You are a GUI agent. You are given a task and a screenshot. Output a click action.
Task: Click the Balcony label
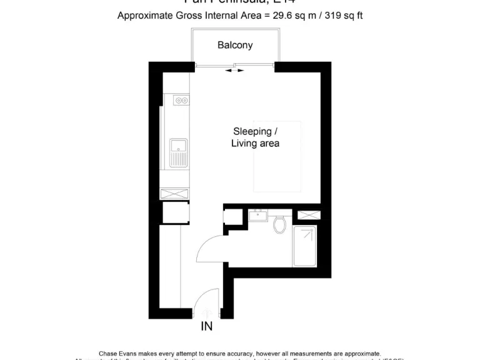pyautogui.click(x=235, y=45)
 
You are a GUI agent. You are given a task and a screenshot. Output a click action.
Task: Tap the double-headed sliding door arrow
pyautogui.click(x=235, y=71)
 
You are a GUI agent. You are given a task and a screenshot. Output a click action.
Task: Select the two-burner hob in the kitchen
pyautogui.click(x=182, y=100)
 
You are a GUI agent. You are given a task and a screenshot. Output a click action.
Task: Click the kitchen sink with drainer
pyautogui.click(x=179, y=152)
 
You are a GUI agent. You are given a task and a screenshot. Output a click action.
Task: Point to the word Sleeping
pyautogui.click(x=252, y=131)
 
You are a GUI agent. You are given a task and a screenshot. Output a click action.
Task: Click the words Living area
pyautogui.click(x=255, y=144)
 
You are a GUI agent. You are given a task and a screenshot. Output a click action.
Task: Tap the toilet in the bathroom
pyautogui.click(x=280, y=223)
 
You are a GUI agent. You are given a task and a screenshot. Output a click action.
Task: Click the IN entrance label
pyautogui.click(x=207, y=326)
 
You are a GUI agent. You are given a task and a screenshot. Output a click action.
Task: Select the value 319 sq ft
pyautogui.click(x=341, y=16)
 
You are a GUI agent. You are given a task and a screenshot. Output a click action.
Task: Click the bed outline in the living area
pyautogui.click(x=278, y=156)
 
